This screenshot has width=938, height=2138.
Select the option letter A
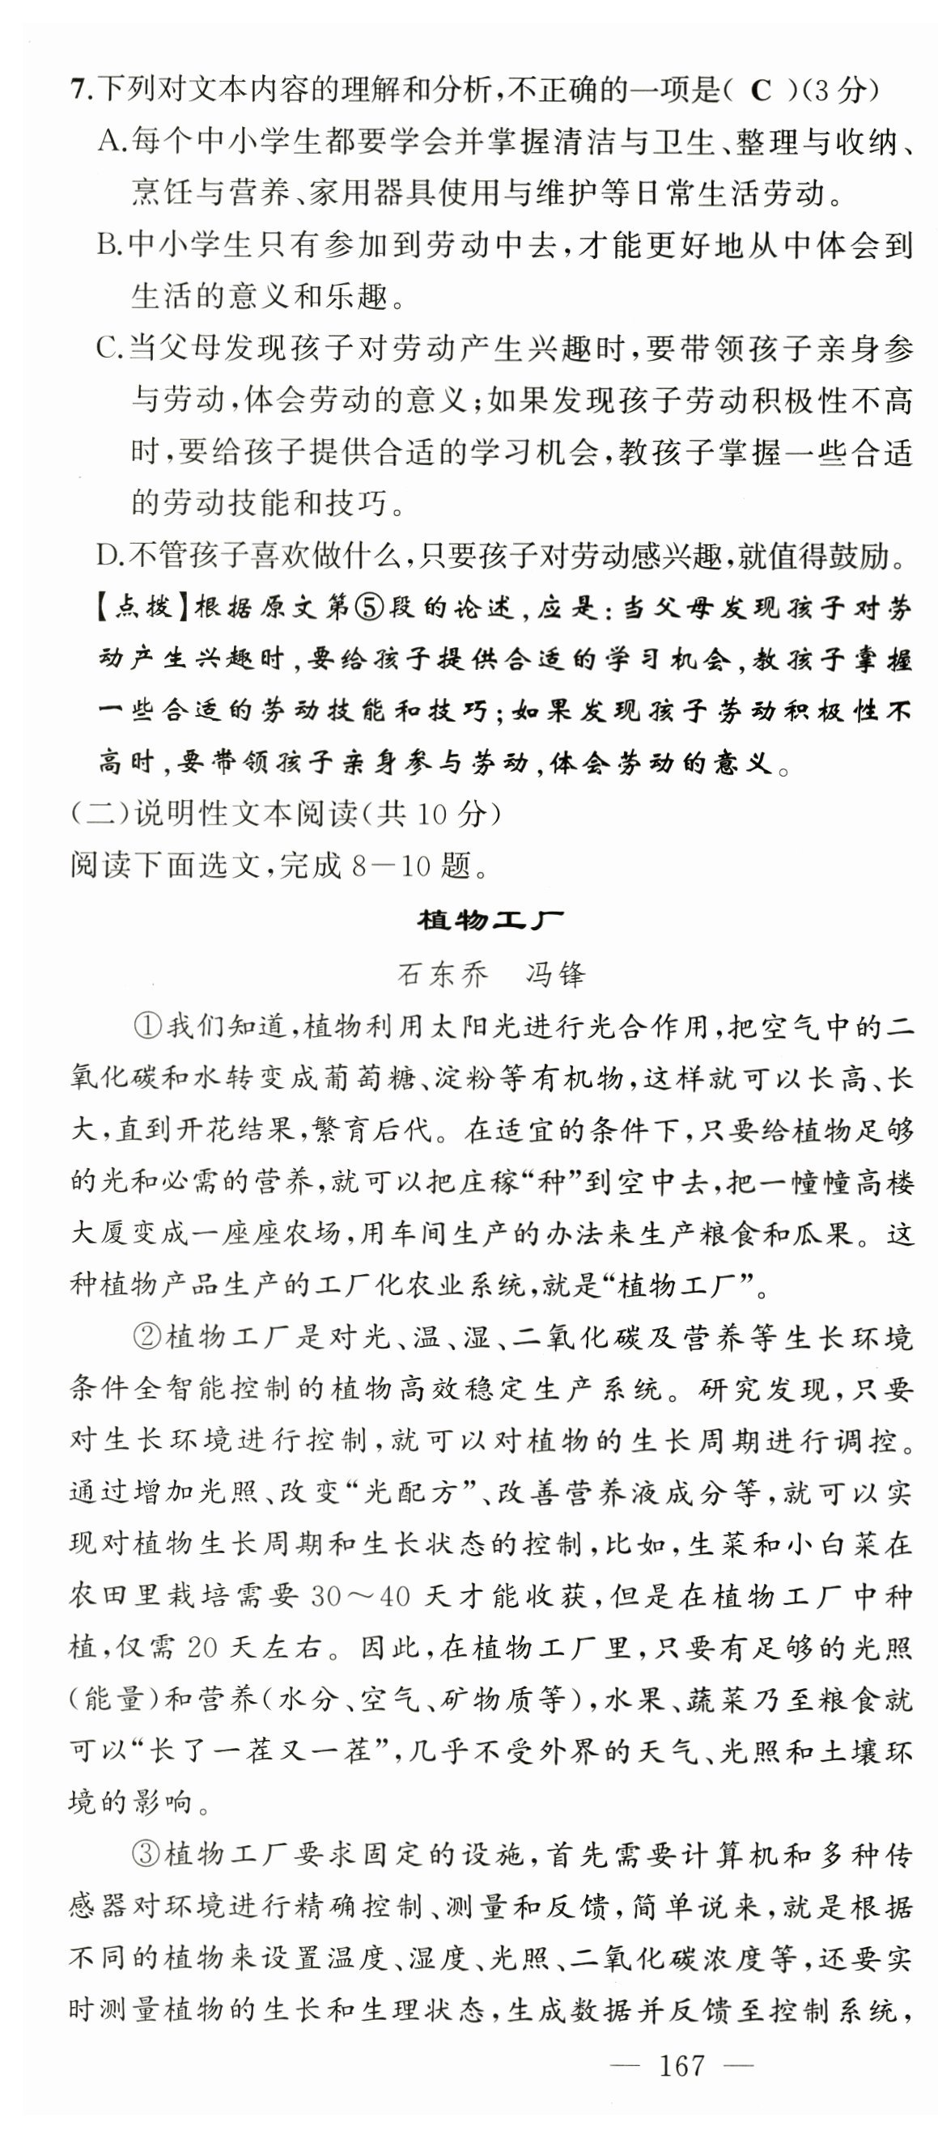108,142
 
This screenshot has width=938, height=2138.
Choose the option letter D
108,555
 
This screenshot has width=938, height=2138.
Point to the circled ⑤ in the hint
367,608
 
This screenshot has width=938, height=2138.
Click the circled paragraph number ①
146,1027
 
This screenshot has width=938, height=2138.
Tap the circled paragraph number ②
146,1338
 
